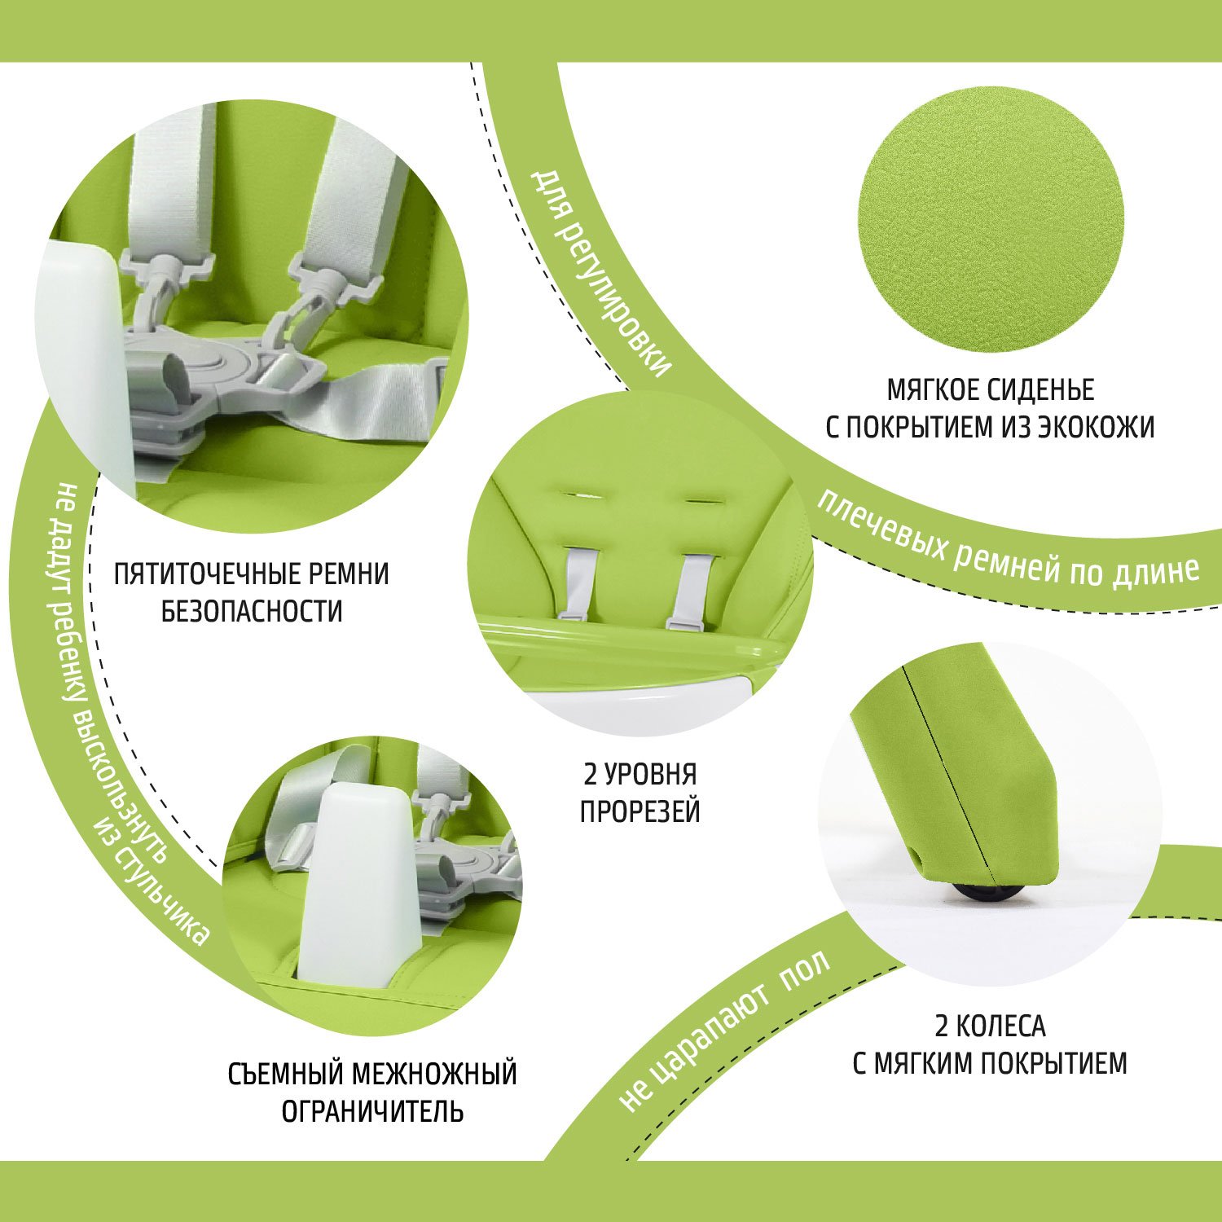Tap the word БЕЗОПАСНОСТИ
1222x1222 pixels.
point(252,611)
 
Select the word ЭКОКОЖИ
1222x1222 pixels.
point(1096,427)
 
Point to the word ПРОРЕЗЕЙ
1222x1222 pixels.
point(640,811)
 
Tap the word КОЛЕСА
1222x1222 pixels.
point(1001,1026)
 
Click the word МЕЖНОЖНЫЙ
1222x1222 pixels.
point(434,1074)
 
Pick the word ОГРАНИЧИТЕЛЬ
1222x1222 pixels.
point(372,1111)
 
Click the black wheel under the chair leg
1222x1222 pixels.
point(982,893)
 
